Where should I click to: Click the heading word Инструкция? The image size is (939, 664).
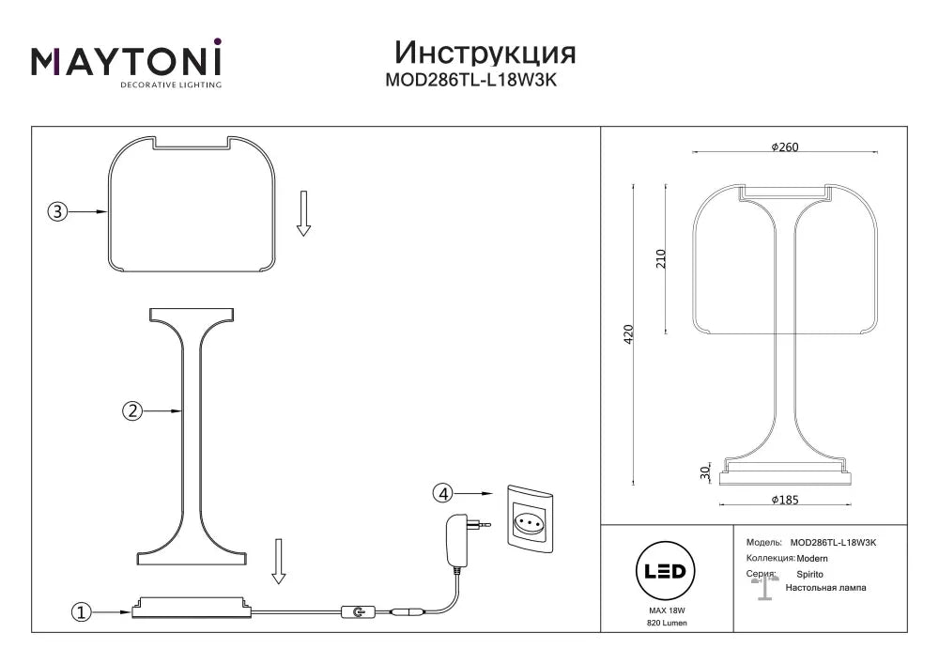coord(485,53)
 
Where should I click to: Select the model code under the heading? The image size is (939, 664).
coord(471,80)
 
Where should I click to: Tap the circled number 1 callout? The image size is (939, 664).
coord(82,612)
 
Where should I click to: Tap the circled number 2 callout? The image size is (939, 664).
coord(132,410)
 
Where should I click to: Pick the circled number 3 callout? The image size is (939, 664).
coord(57,211)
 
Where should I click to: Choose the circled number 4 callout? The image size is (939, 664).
coord(443,494)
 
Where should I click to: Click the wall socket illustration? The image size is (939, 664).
coord(530,519)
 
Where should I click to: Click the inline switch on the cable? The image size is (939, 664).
coord(359,612)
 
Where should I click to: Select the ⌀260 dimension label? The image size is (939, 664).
coord(785,147)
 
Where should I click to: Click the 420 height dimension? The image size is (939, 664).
coord(628,333)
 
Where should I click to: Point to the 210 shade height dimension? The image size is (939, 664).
coord(660,258)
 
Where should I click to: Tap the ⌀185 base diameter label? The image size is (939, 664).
coord(785,500)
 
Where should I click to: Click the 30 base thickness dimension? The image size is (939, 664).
coord(705,473)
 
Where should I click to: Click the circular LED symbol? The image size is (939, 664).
coord(666,571)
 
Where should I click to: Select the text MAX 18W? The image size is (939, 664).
coord(667,610)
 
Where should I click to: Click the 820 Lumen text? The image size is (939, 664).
coord(667,623)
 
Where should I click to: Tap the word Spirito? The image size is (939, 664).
coord(809,574)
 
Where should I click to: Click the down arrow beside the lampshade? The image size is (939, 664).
coord(303,213)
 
